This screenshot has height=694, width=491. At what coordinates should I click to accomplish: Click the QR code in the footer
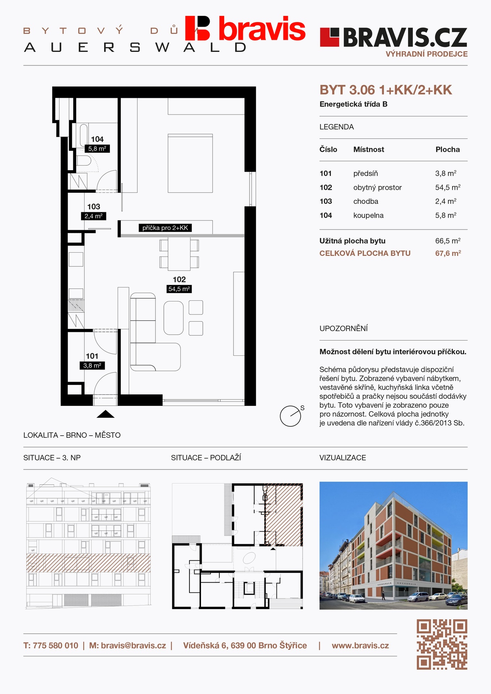442,644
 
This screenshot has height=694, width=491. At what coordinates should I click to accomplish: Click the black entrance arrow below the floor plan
106,414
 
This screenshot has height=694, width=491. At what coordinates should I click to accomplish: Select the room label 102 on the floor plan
179,279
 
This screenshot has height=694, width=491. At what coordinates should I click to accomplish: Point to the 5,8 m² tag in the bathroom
97,149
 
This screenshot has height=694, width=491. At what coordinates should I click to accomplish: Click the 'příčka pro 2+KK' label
165,228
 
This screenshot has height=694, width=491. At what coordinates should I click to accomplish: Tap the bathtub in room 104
84,136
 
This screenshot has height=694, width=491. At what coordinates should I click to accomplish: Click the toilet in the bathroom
84,160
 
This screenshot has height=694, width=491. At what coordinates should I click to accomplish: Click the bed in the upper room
190,163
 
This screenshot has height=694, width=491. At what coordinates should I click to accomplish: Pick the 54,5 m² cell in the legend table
448,187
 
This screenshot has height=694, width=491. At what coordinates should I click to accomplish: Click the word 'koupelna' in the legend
368,215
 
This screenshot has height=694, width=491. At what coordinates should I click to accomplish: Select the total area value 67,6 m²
448,253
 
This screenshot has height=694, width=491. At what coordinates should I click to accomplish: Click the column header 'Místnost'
369,149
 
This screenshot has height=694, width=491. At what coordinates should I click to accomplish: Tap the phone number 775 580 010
55,646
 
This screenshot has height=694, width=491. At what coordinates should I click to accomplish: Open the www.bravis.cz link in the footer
360,646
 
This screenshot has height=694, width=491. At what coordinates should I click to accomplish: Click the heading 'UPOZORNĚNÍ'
343,328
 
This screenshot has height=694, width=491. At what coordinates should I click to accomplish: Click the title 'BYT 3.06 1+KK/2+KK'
386,90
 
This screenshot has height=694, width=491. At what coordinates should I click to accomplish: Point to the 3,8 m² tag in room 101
92,365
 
